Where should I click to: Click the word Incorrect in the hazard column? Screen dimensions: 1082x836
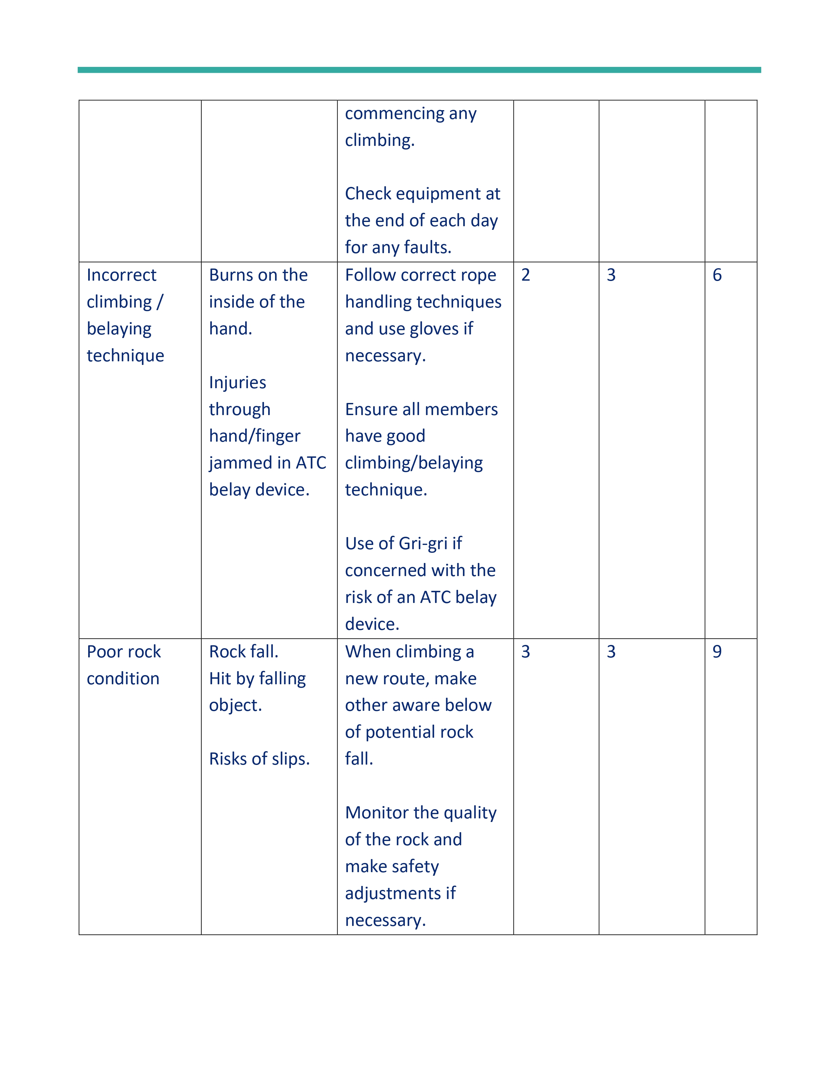click(121, 275)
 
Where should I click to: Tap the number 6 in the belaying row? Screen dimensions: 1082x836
click(717, 275)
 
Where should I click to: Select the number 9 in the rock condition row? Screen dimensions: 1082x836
click(717, 651)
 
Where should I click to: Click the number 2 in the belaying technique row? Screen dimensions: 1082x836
click(526, 275)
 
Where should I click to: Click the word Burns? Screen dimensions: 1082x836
click(230, 275)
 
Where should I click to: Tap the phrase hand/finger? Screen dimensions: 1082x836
click(254, 436)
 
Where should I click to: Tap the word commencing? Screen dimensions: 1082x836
click(394, 113)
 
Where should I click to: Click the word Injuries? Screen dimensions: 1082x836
click(237, 382)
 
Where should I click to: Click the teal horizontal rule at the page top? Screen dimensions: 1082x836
click(419, 70)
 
